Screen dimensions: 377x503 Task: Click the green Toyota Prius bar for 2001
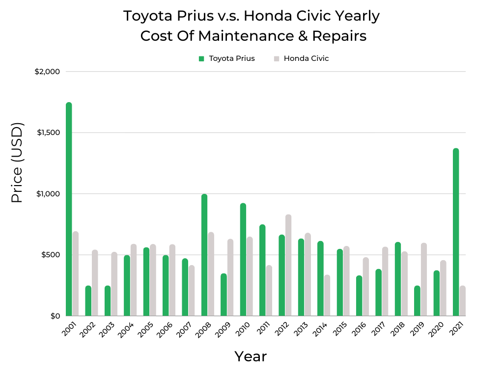tap(69, 209)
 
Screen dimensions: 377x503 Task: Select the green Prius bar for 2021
tap(456, 232)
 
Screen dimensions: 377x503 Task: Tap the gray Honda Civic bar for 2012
tap(288, 265)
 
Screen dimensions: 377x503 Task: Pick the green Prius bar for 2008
tap(204, 255)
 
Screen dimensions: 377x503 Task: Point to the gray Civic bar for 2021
tap(462, 301)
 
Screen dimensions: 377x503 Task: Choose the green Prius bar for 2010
tap(243, 260)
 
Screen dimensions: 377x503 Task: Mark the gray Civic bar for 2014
tap(327, 296)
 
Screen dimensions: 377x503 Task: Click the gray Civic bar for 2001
tap(75, 273)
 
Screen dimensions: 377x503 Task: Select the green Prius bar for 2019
tap(417, 301)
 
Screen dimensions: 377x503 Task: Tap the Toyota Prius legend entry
tap(227, 58)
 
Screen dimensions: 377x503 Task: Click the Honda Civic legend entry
tap(301, 58)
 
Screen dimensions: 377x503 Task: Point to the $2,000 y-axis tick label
tap(47, 72)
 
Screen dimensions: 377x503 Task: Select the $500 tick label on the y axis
tap(50, 255)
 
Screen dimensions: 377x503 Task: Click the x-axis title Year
tap(251, 356)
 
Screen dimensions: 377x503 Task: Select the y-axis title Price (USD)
tap(17, 163)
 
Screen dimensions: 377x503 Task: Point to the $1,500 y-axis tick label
tap(47, 133)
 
